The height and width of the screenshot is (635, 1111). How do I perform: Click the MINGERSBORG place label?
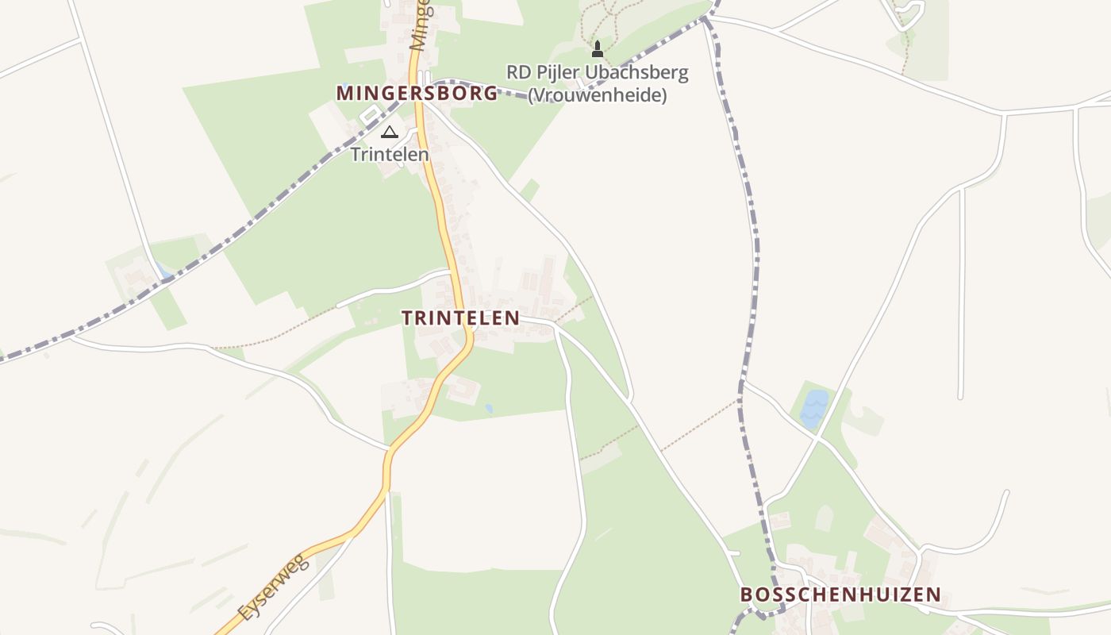(x=417, y=93)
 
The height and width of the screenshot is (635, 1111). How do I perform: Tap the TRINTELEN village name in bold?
(x=460, y=318)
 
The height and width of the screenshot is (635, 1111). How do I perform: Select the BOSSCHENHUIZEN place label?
(x=840, y=595)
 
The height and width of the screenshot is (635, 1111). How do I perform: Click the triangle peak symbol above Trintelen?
(x=389, y=132)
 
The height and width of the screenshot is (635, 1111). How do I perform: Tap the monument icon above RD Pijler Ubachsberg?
(x=598, y=51)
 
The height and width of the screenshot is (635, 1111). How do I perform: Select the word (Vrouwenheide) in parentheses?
(x=597, y=95)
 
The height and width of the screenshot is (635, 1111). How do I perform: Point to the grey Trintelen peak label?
(x=390, y=154)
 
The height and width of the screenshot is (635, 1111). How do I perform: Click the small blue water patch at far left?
(x=164, y=271)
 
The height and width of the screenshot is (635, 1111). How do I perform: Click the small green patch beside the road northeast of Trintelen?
(x=530, y=190)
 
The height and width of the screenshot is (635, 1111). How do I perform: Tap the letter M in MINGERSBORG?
(x=344, y=93)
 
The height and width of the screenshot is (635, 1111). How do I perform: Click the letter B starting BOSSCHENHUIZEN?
(x=746, y=595)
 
